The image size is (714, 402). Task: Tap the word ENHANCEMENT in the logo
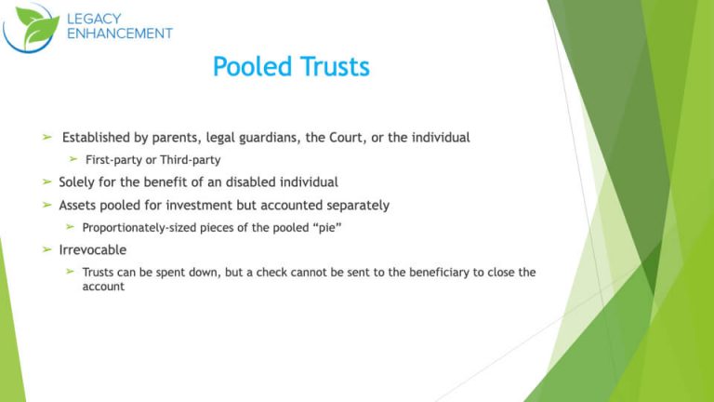[119, 33]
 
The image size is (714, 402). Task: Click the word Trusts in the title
[334, 67]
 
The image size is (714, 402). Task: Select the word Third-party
[190, 160]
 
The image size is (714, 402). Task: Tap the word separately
[356, 205]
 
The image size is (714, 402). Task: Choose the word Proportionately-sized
[144, 227]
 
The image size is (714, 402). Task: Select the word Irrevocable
[92, 249]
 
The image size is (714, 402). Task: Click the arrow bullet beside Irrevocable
[47, 249]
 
